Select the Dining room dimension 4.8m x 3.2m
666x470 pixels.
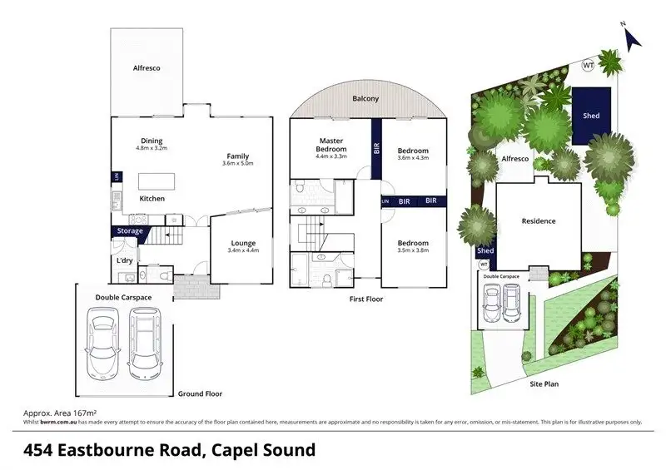(152, 148)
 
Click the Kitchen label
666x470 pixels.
(152, 199)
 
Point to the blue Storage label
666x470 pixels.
(129, 230)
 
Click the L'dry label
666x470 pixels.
(125, 261)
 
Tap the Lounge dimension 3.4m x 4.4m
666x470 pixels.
(243, 250)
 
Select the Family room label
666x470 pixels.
(237, 156)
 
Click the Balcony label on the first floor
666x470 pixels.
(365, 99)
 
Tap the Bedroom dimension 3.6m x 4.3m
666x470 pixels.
(413, 158)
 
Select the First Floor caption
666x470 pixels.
(366, 299)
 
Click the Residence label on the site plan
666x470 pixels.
(538, 221)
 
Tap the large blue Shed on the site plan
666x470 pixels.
(591, 116)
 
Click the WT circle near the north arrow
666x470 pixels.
(589, 64)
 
